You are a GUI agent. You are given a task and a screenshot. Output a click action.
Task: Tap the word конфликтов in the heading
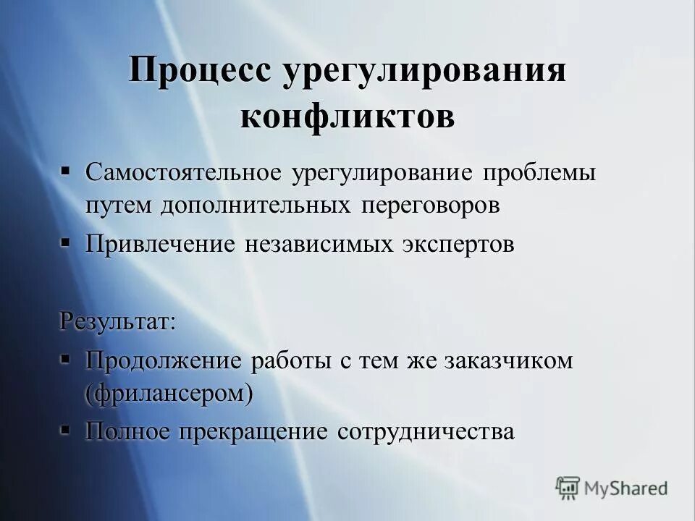[347, 116]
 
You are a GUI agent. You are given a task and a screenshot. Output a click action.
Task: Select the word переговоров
[427, 205]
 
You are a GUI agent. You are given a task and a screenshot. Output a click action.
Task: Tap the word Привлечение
[160, 244]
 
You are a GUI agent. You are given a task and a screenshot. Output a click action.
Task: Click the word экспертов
[458, 244]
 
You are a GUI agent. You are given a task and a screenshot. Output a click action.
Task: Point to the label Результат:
[117, 320]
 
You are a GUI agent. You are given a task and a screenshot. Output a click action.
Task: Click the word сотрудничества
[426, 431]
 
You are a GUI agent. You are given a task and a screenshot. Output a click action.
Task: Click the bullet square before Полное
[65, 430]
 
